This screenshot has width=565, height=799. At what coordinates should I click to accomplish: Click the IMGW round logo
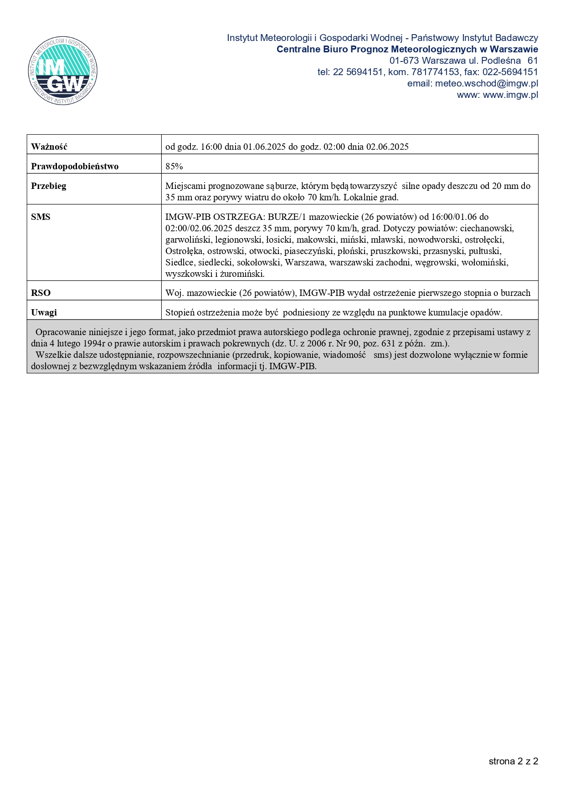[63, 71]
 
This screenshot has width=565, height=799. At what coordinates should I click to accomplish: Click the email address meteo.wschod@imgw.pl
[486, 83]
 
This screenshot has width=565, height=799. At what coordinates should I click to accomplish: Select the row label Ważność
[49, 147]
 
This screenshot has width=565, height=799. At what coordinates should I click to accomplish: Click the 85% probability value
[174, 166]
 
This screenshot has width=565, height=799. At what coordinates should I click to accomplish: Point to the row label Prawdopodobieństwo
[75, 166]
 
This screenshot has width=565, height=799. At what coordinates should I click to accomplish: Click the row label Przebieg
[49, 186]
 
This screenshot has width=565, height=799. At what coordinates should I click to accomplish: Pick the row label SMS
[41, 217]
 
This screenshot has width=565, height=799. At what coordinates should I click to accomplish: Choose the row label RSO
[41, 293]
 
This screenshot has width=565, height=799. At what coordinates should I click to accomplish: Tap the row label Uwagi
[44, 312]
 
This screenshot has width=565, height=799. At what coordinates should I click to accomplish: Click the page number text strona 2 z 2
[513, 761]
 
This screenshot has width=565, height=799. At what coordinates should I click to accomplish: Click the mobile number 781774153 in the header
[435, 72]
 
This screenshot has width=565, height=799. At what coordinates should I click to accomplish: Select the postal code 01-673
[404, 61]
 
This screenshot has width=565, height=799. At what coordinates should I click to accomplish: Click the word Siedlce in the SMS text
[180, 263]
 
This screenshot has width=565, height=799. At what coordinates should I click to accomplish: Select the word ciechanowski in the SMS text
[487, 229]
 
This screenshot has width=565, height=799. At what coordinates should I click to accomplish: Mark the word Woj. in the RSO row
[174, 293]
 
